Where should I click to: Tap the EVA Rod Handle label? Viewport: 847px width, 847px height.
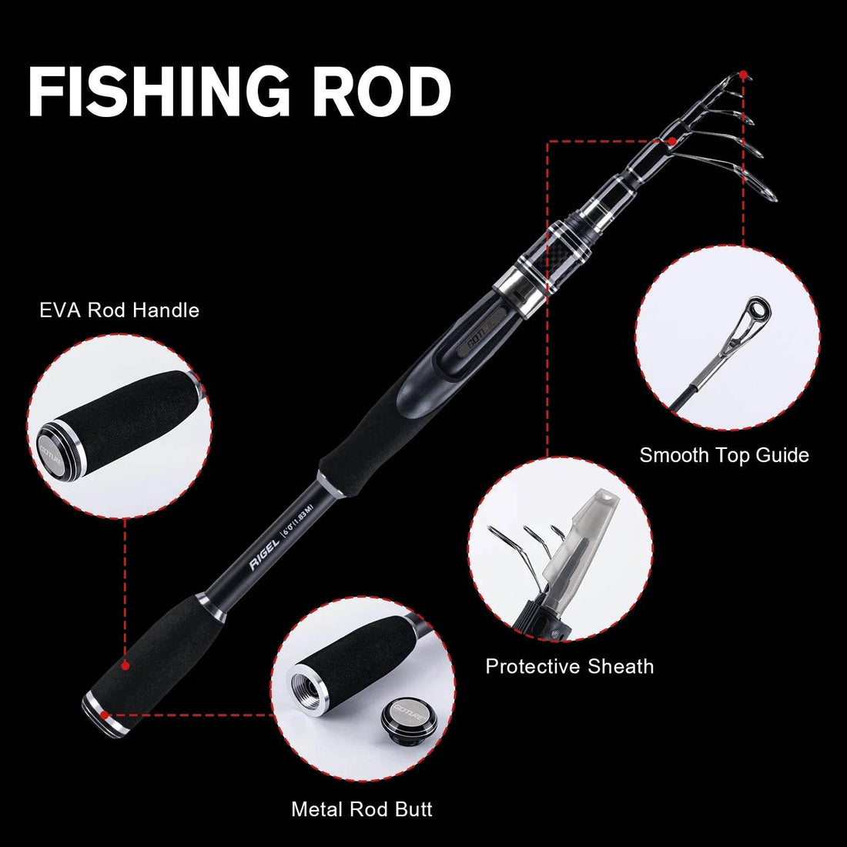(x=119, y=310)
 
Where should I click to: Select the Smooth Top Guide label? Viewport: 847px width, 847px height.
(x=724, y=455)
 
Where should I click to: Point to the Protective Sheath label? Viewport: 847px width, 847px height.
(x=569, y=666)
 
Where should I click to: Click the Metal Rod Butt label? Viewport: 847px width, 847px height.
(x=361, y=809)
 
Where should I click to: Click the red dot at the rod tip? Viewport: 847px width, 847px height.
(x=743, y=75)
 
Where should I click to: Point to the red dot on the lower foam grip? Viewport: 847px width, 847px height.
(x=125, y=663)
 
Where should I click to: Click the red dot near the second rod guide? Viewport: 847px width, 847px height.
(x=672, y=142)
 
